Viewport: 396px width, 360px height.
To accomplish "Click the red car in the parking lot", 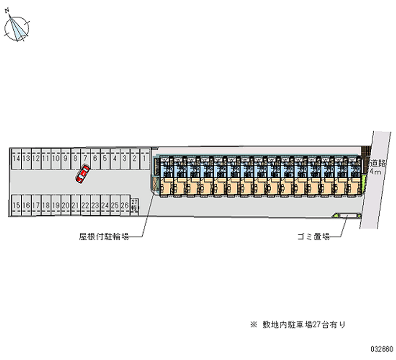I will point(82,174).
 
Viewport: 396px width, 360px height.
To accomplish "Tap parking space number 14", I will point(17,158).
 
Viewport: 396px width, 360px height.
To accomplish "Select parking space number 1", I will point(144,158).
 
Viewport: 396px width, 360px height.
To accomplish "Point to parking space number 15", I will point(17,205).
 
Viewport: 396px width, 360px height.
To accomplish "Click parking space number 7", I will point(85,158).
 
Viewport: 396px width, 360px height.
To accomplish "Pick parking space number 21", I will point(75,205).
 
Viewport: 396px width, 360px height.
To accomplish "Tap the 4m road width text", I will point(377,171).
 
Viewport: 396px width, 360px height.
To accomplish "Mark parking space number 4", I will point(114,158).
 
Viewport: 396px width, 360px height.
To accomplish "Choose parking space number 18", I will point(46,205).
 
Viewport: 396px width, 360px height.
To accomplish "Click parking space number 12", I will point(36,158).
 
